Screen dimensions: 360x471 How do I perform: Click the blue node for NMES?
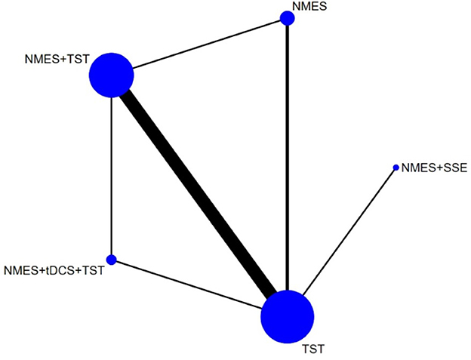click(x=287, y=18)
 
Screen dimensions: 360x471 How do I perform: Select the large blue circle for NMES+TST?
click(x=112, y=75)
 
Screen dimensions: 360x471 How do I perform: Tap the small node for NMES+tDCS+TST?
click(x=111, y=260)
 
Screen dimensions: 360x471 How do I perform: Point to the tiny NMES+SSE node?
click(x=396, y=168)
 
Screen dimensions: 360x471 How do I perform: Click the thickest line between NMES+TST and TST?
click(x=199, y=196)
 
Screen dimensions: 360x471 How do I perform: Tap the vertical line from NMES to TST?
click(x=287, y=151)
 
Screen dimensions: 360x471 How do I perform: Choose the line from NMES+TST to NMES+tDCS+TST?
click(x=111, y=174)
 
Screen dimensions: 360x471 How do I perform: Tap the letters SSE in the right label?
click(x=456, y=168)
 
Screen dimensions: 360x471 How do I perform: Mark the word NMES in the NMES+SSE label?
click(x=417, y=168)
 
